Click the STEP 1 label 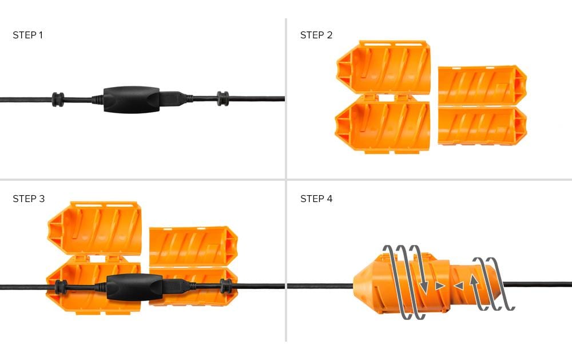pyautogui.click(x=27, y=35)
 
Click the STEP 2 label pyautogui.click(x=316, y=35)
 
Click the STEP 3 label pyautogui.click(x=28, y=199)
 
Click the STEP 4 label pyautogui.click(x=316, y=199)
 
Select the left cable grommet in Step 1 pyautogui.click(x=57, y=99)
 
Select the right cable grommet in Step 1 pyautogui.click(x=223, y=99)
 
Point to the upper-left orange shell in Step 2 pyautogui.click(x=383, y=67)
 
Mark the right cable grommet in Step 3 pyautogui.click(x=226, y=286)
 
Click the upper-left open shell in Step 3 pyautogui.click(x=94, y=228)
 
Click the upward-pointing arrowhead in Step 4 pyautogui.click(x=474, y=280)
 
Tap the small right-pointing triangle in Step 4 pyautogui.click(x=439, y=284)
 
